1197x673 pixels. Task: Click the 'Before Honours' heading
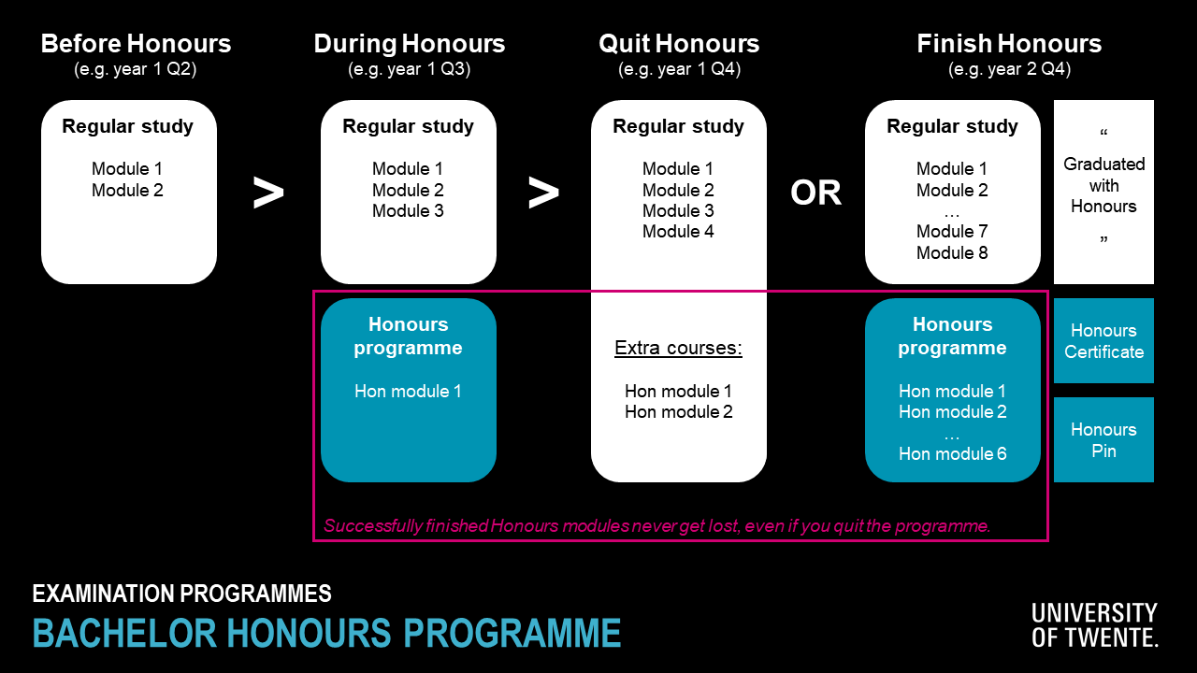[x=136, y=44]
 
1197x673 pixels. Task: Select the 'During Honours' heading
[x=410, y=44]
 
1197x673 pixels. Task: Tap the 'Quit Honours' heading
[x=679, y=44]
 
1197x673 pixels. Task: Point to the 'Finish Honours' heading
[x=1009, y=44]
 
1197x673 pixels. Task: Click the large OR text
[x=816, y=193]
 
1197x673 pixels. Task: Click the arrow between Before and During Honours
[x=268, y=193]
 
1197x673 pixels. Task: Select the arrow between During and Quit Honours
[x=543, y=193]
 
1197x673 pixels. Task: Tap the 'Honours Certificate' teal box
[x=1103, y=341]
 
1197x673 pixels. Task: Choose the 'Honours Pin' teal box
[x=1103, y=439]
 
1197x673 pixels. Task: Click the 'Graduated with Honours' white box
[x=1103, y=192]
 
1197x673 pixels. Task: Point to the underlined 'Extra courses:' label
[x=678, y=348]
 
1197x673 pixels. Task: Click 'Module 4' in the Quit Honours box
[x=678, y=231]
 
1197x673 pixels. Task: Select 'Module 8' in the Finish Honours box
[x=952, y=252]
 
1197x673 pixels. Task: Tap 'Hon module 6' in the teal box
[x=952, y=453]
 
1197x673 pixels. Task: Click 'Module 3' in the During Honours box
[x=408, y=210]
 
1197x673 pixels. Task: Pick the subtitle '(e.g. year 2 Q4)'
[x=1009, y=69]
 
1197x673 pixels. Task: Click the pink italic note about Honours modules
[x=656, y=525]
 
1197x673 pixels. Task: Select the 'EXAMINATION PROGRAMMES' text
[x=181, y=594]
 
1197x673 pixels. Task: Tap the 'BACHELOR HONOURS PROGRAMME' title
[x=326, y=633]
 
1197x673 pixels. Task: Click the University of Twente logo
[x=1095, y=625]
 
